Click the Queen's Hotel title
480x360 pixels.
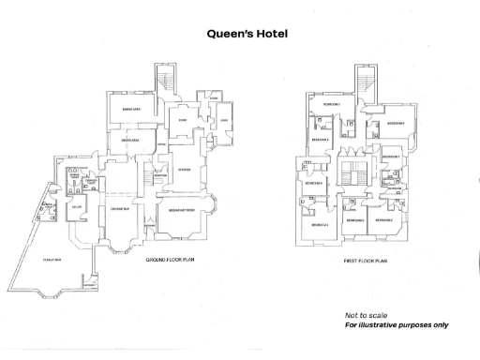point(240,33)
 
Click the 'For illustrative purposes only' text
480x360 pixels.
point(396,325)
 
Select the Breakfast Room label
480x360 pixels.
point(184,211)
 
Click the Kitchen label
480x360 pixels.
point(184,169)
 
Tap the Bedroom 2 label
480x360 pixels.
point(384,219)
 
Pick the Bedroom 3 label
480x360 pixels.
point(353,219)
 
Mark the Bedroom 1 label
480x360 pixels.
point(391,156)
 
